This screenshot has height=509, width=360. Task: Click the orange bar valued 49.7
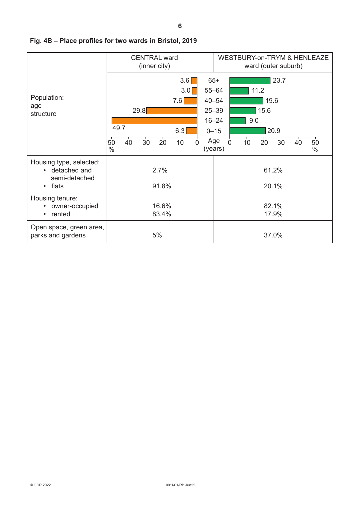point(154,121)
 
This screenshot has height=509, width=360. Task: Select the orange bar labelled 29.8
point(172,111)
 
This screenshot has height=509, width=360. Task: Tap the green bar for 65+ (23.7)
point(250,81)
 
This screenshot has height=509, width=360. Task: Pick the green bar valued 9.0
point(238,121)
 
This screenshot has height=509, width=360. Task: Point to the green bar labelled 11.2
point(239,91)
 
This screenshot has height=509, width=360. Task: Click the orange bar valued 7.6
point(191,101)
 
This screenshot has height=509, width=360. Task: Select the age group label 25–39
point(214,111)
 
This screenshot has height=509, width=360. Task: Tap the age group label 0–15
point(214,131)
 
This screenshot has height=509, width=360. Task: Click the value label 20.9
point(274,131)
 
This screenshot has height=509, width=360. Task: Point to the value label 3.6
point(185,80)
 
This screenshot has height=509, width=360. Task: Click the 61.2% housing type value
point(273,170)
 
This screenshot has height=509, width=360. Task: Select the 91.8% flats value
point(162,186)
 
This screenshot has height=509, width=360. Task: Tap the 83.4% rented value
point(162,214)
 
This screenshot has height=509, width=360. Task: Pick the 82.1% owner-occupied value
point(273,206)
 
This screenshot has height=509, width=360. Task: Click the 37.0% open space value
point(273,235)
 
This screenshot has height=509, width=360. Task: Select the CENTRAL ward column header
point(155,62)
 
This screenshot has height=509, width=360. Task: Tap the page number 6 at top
point(180,26)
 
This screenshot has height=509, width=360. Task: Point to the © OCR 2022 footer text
point(40,485)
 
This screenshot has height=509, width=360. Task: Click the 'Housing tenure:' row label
point(54,198)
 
